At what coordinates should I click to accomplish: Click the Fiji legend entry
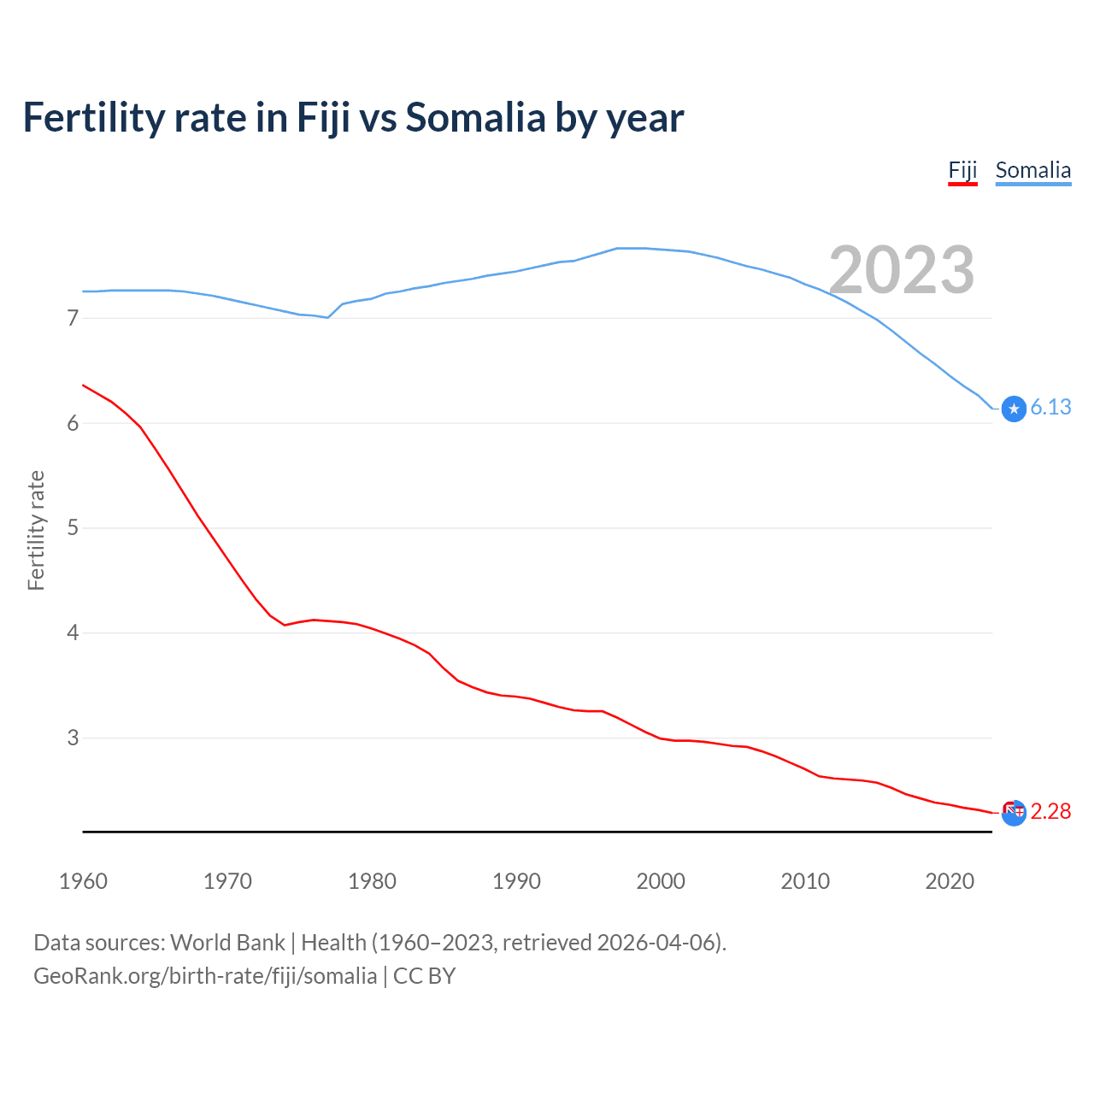pos(962,170)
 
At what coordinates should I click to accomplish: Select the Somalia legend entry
pos(1032,170)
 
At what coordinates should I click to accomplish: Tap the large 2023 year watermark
pos(902,270)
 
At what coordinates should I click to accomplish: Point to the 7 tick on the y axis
pos(73,319)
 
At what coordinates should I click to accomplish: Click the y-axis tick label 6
pos(73,424)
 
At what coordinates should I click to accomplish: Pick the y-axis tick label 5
pos(73,528)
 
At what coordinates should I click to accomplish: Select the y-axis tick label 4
pos(73,633)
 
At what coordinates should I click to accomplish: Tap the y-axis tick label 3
pos(73,738)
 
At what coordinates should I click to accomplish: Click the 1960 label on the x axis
pos(83,881)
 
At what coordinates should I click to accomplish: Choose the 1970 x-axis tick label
pos(227,881)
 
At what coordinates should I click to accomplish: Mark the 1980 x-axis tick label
pos(372,881)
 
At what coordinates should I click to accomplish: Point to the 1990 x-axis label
pos(516,881)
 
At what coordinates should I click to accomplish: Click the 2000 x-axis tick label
pos(661,881)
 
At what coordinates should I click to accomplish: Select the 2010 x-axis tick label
pos(805,881)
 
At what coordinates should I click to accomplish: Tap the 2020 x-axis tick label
pos(950,881)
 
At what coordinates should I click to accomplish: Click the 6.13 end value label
pos(1050,408)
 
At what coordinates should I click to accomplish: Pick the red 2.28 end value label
pos(1050,811)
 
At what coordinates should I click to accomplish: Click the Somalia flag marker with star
pos(1014,409)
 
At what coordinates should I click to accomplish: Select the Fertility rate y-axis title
pos(36,530)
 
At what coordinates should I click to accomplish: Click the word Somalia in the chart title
pos(475,118)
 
